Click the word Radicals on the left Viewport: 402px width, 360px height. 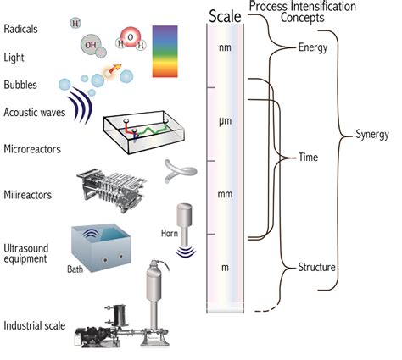(21, 28)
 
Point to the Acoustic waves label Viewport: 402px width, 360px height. (35, 112)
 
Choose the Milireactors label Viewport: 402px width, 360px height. (29, 195)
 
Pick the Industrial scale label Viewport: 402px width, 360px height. (34, 325)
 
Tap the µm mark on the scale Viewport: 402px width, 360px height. (226, 123)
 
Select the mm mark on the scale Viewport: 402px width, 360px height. (226, 195)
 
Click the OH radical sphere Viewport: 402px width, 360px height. (91, 43)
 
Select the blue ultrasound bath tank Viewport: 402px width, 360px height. (99, 249)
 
